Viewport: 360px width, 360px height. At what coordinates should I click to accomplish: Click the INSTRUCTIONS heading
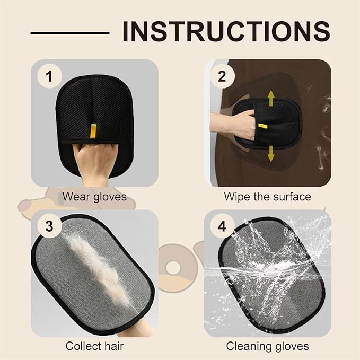tap(226, 32)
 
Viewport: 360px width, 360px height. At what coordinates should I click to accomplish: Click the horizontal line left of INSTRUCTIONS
tap(69, 32)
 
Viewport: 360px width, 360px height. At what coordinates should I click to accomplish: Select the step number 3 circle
tap(49, 227)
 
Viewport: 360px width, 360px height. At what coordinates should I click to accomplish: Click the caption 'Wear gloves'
tap(94, 197)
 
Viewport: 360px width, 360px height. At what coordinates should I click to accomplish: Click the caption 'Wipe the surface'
tap(267, 197)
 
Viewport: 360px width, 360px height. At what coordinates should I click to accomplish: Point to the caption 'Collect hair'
tap(94, 346)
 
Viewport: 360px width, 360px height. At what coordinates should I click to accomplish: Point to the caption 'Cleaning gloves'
tap(267, 346)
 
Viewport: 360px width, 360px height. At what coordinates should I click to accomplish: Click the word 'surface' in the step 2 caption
tap(291, 197)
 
